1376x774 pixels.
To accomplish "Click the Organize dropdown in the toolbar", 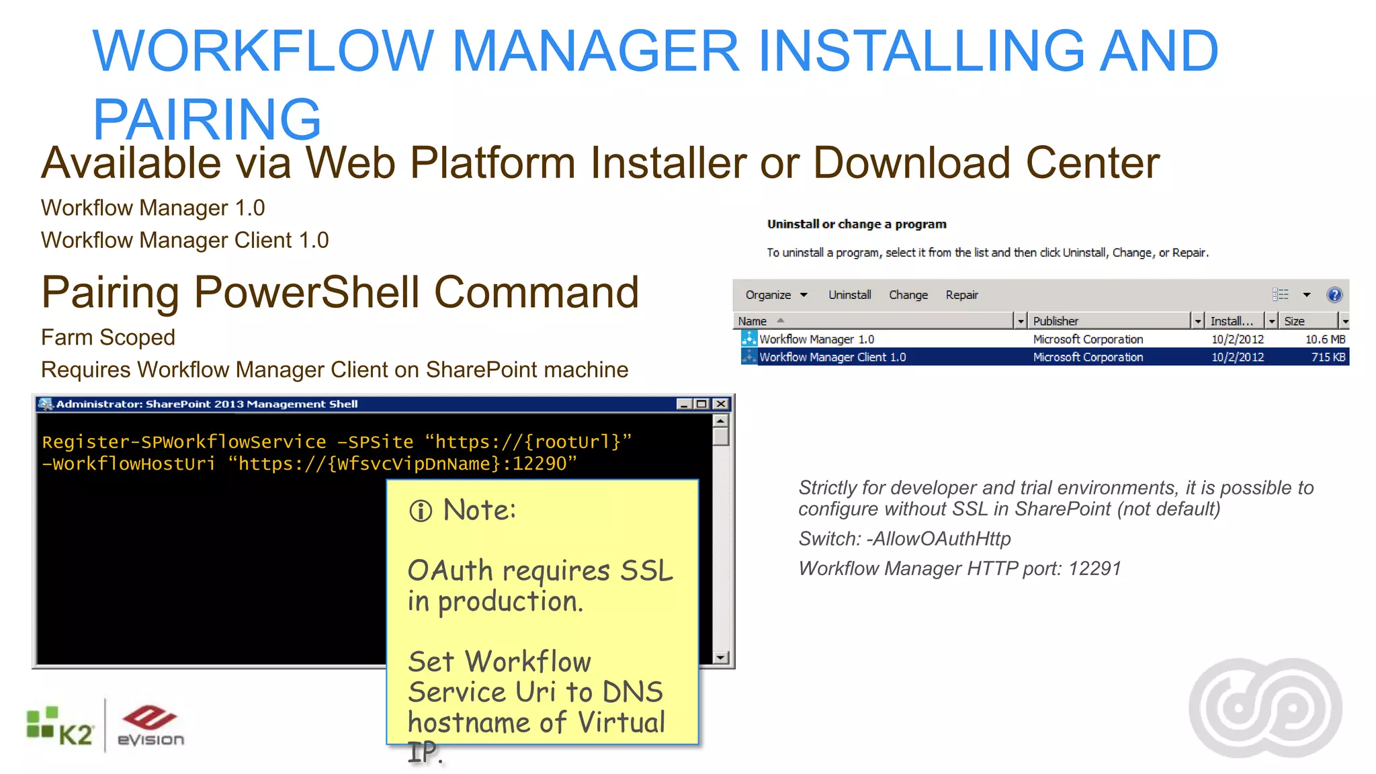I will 775,295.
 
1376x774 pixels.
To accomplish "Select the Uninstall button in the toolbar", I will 849,295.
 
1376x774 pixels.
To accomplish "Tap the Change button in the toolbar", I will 908,295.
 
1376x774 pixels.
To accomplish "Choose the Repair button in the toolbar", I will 961,295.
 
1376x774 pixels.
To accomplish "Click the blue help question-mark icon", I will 1334,295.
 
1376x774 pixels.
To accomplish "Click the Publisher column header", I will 1056,321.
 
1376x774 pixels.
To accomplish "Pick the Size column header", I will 1294,321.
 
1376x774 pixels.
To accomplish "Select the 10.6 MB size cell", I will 1325,339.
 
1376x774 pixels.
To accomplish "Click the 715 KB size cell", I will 1328,357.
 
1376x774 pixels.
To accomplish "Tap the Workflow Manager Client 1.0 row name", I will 832,357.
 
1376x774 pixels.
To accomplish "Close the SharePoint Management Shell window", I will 721,404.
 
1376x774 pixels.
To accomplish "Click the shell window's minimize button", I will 684,404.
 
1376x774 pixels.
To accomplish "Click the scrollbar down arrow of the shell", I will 720,658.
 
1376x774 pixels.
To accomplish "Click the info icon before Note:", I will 421,511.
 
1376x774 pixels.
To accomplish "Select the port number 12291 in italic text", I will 1094,568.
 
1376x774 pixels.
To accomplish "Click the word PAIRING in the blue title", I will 207,119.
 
